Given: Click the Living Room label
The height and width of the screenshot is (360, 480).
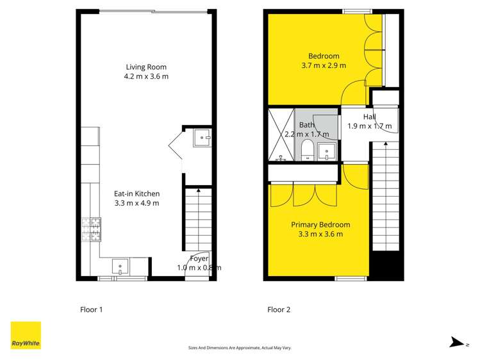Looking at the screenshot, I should (146, 67).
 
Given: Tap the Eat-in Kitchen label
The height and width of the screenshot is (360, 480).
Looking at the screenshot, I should (137, 193).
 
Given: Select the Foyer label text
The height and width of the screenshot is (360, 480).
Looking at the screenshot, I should (199, 259).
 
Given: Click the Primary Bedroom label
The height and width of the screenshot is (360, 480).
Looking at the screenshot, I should (320, 225).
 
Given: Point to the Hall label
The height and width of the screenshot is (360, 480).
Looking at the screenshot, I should (369, 117).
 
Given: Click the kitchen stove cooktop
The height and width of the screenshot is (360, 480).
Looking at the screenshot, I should (91, 230).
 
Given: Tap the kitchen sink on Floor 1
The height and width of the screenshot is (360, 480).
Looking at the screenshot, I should (120, 266).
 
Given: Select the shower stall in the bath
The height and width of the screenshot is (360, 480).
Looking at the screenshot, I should (280, 135).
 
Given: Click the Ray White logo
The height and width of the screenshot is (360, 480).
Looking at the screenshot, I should (26, 336).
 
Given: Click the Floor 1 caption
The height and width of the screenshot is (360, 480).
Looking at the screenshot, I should (91, 310).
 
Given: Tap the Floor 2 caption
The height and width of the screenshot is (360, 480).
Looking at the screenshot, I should (279, 310).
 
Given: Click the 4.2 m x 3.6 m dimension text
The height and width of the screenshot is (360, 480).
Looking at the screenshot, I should (146, 76).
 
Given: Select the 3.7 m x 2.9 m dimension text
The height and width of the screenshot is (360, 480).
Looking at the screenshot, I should (324, 65).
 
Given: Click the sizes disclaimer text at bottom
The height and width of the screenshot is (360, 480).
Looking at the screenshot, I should (240, 347).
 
